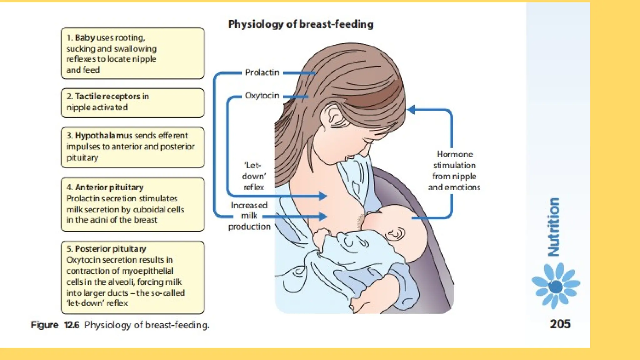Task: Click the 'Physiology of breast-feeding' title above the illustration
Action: [301, 24]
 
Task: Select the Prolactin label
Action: [262, 73]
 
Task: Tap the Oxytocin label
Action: [262, 96]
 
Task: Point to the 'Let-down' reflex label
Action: [253, 176]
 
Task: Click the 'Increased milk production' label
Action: [249, 216]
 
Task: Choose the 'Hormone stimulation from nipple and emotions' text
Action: [454, 171]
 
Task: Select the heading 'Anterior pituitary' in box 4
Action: [109, 187]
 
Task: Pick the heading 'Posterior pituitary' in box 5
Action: [110, 249]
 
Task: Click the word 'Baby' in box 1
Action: [85, 38]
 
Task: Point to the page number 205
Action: [560, 324]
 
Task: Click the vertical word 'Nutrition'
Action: [553, 227]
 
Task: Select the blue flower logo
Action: [556, 285]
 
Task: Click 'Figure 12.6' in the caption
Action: [55, 325]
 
